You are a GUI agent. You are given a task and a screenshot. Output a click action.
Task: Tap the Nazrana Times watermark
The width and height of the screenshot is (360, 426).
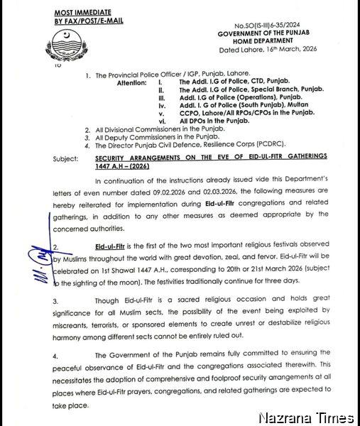pyautogui.click(x=306, y=417)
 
